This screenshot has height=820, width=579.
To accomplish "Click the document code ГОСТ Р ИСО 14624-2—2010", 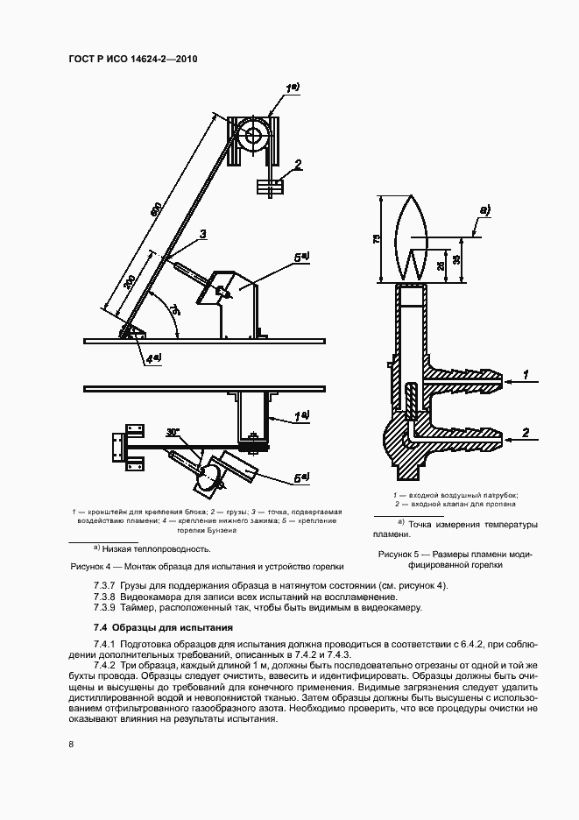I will tap(133, 60).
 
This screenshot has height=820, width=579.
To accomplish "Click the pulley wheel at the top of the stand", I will tap(255, 136).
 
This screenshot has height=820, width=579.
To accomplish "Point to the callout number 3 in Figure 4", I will tap(202, 234).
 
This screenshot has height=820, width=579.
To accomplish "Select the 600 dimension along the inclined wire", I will tap(156, 210).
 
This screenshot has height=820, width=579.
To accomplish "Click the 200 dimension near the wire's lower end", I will tap(129, 284).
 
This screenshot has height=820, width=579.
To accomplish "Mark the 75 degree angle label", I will tap(174, 311).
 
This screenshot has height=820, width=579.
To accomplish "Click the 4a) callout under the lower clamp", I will tap(153, 357).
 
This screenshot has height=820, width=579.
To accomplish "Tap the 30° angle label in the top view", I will tap(173, 431).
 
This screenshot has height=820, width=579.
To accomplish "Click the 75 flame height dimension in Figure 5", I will tap(377, 238).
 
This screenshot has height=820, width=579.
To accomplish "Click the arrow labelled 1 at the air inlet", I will tap(526, 375).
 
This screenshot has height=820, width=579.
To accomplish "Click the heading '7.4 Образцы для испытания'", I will tap(163, 627).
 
